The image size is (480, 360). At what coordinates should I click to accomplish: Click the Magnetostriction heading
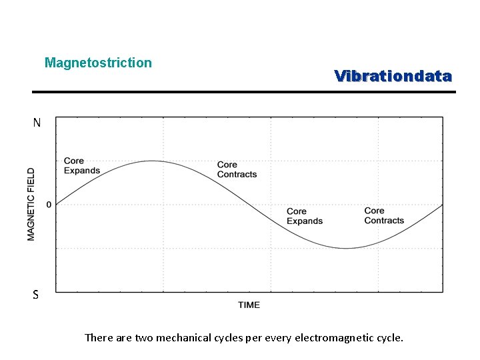tap(98, 63)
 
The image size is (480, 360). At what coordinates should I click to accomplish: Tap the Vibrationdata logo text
tap(393, 76)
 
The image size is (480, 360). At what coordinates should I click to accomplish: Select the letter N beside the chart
tap(37, 123)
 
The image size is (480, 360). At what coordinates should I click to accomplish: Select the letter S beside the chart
tap(36, 295)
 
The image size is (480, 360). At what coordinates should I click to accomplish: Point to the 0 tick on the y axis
tap(49, 205)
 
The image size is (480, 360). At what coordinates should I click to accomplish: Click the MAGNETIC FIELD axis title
tap(31, 204)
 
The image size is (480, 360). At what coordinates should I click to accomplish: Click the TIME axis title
tap(249, 305)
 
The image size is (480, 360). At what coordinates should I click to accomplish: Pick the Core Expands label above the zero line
tap(81, 165)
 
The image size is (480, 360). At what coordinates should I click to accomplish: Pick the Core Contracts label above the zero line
tap(237, 169)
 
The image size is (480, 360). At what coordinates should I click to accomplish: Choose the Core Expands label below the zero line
tap(305, 216)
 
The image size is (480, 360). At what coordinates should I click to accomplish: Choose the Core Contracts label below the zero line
tap(384, 215)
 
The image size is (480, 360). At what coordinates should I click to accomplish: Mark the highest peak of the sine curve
tap(152, 161)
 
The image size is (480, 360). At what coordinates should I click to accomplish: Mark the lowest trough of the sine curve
tap(346, 248)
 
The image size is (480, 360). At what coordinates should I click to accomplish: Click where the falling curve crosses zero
tap(249, 205)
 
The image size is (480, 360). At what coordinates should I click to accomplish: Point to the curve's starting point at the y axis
tap(56, 204)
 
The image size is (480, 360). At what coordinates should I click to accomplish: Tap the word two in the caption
tap(144, 337)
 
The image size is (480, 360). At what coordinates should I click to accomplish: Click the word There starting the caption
tap(99, 337)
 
